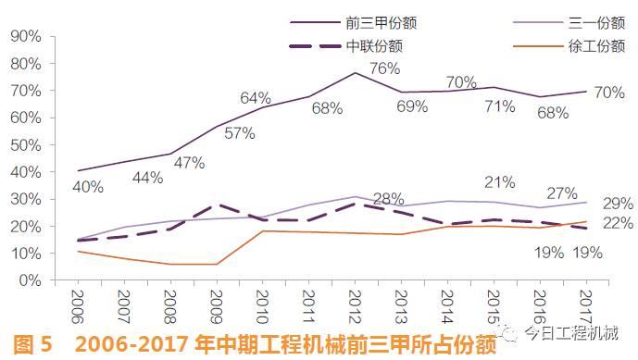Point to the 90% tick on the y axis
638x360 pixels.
point(24,36)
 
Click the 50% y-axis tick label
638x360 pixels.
point(24,145)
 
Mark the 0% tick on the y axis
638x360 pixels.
point(28,280)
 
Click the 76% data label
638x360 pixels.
point(383,68)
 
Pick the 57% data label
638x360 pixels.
point(212,132)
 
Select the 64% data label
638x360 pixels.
point(255,98)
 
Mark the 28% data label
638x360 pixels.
point(388,199)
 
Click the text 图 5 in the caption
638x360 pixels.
point(31,344)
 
